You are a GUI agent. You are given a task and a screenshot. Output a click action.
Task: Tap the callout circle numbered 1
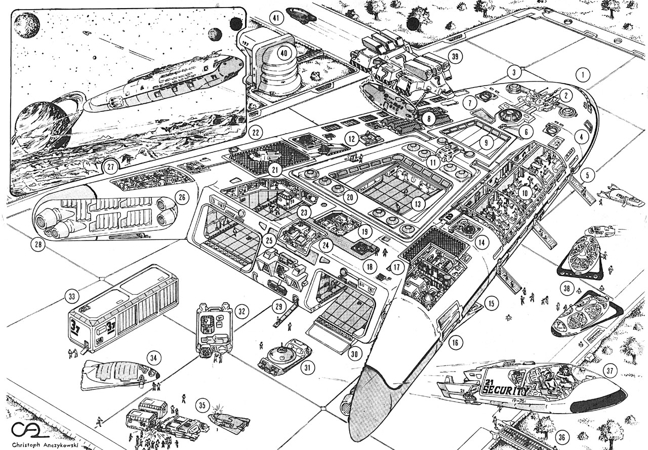point(584,75)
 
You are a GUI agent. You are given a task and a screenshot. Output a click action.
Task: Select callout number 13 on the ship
point(418,204)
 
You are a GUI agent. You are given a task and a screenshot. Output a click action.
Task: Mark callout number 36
point(561,436)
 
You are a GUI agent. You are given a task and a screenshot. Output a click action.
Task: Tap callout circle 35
point(202,405)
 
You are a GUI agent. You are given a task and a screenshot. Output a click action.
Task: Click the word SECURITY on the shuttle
point(504,390)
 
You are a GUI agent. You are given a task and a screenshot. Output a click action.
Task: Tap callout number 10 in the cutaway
point(525,192)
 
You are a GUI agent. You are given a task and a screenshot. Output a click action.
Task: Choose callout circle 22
point(257,133)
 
